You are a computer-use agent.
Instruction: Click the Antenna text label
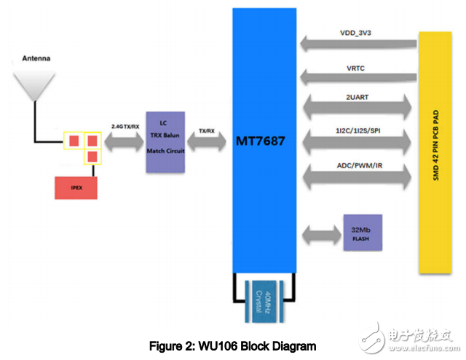click(36, 58)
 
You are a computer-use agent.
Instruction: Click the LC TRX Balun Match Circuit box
click(166, 141)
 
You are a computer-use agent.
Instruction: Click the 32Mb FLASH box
click(363, 232)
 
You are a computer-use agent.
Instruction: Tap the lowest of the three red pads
click(92, 156)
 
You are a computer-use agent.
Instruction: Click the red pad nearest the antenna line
click(74, 139)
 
